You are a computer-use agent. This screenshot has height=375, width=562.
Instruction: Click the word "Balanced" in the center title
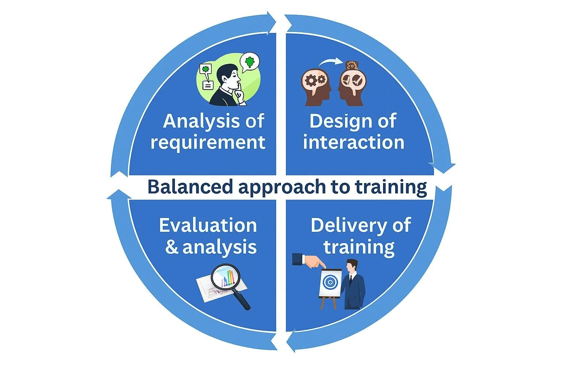pos(190,187)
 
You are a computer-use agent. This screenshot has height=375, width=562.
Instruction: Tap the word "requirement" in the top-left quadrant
pos(208,142)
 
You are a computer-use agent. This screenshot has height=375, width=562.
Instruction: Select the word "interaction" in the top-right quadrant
pos(353,142)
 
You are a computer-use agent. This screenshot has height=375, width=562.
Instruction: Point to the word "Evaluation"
pos(208,226)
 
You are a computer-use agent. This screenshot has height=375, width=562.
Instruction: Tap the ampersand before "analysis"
pos(172,247)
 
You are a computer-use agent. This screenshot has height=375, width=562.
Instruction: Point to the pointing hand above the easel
pos(311,261)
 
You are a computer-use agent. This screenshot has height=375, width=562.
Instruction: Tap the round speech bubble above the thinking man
pos(250,62)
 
